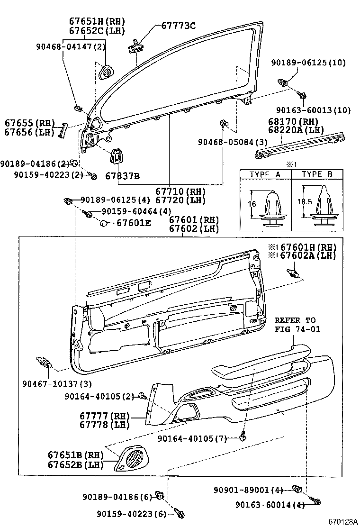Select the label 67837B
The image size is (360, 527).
122,176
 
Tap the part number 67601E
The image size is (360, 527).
134,222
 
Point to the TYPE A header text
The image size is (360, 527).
265,174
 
